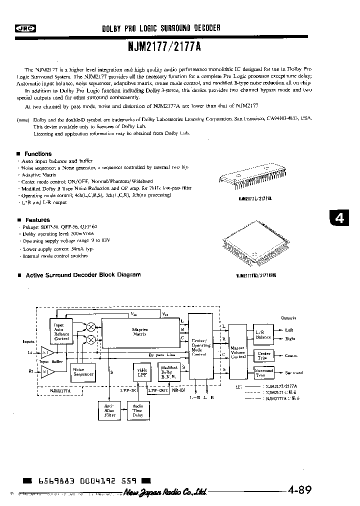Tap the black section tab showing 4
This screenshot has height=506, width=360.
pyautogui.click(x=340, y=218)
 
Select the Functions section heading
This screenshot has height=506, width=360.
pyautogui.click(x=38, y=154)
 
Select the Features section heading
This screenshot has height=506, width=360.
pyautogui.click(x=37, y=220)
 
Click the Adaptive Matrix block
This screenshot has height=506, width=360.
pyautogui.click(x=139, y=332)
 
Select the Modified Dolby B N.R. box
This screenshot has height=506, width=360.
pyautogui.click(x=169, y=371)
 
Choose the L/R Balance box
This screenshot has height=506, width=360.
pyautogui.click(x=263, y=334)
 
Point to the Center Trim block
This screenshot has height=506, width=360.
pyautogui.click(x=263, y=356)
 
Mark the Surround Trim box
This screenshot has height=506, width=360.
pyautogui.click(x=263, y=373)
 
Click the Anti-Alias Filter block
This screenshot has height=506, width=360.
pyautogui.click(x=109, y=411)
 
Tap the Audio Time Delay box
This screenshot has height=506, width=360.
pyautogui.click(x=137, y=411)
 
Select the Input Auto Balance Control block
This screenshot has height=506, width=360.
pyautogui.click(x=61, y=331)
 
